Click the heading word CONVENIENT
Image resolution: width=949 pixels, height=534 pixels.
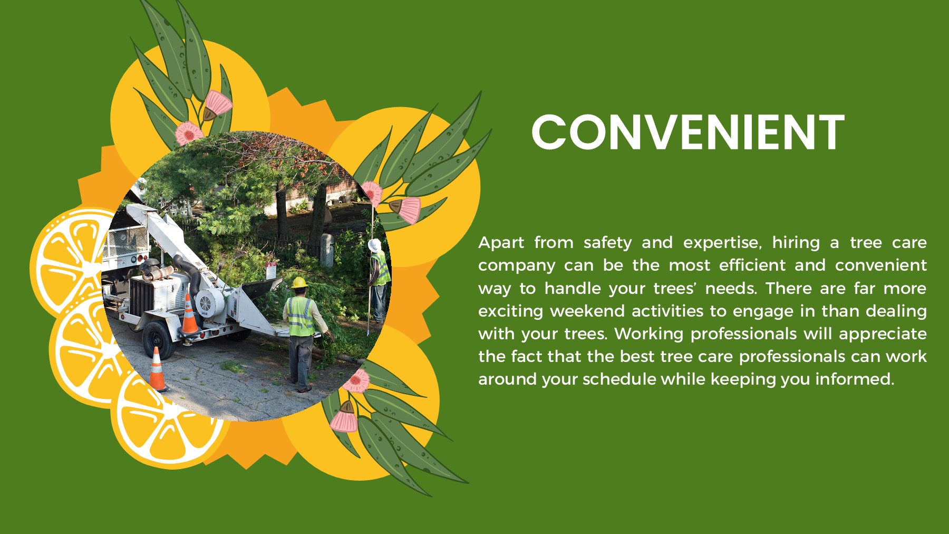click(687, 132)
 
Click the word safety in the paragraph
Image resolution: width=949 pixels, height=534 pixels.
click(607, 243)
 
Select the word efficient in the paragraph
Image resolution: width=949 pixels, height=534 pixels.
click(752, 265)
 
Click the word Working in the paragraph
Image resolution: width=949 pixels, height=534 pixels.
click(648, 334)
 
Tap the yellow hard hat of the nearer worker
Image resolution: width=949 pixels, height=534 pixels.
click(299, 283)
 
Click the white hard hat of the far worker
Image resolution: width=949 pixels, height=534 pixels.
click(374, 245)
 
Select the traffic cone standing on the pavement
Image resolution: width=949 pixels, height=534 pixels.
click(157, 369)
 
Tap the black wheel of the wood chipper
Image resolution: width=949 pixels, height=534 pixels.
click(158, 339)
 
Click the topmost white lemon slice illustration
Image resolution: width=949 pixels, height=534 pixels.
click(71, 259)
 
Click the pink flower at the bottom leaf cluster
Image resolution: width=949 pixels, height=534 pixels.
click(344, 419)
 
